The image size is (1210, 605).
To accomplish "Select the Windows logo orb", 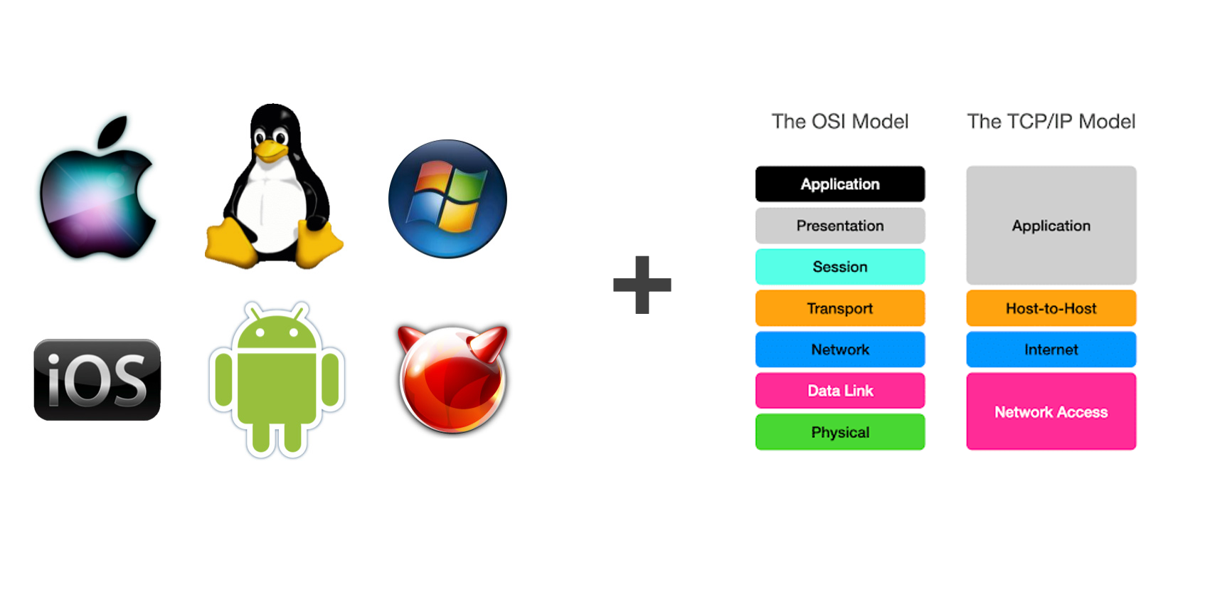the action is [x=448, y=199].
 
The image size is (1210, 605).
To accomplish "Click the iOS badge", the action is [x=97, y=379].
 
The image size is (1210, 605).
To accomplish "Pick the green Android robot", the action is [x=277, y=379].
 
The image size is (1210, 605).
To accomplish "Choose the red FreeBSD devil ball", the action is [x=452, y=379].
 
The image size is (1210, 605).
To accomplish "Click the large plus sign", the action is [x=642, y=285].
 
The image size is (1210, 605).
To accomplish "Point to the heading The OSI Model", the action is [x=840, y=122].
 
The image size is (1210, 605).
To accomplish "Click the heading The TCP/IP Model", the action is [x=1051, y=122].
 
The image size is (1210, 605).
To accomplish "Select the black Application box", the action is [x=840, y=184].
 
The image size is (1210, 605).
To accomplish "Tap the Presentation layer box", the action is [x=840, y=226].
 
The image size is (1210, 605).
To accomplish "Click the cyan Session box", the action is [x=840, y=266].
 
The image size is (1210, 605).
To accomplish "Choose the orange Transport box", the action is [x=840, y=308].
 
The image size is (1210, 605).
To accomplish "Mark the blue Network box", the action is [x=840, y=349].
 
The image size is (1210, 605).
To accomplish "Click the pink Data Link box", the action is [x=840, y=390].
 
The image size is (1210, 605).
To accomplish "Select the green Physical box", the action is [x=840, y=432].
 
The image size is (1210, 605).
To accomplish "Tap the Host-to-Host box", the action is [x=1051, y=308].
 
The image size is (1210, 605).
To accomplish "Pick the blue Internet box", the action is [x=1051, y=349].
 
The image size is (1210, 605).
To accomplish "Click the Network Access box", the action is [x=1051, y=411].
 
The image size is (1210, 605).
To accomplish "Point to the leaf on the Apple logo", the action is [x=112, y=132].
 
